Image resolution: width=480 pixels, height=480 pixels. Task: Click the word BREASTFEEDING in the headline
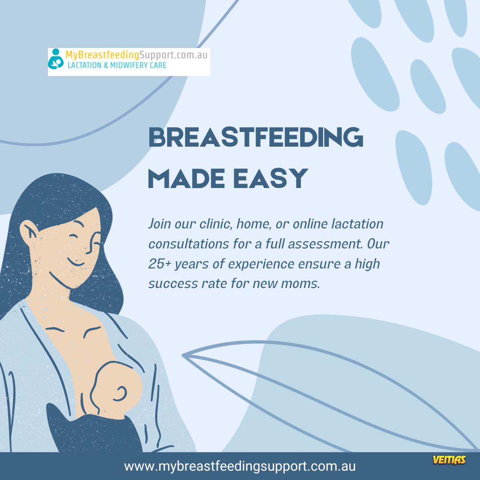[256, 137]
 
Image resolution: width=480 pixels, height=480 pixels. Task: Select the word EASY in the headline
[271, 178]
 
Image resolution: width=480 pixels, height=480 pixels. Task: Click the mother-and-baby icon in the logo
[56, 59]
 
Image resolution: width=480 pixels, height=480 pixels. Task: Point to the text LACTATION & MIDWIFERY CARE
[117, 65]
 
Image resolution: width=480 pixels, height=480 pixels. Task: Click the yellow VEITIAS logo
[449, 460]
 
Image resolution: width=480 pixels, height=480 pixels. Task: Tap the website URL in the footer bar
[240, 466]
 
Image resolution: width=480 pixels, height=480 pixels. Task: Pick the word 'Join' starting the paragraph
[160, 224]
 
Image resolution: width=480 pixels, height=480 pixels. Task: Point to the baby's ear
[120, 394]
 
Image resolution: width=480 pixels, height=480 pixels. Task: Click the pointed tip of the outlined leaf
[183, 356]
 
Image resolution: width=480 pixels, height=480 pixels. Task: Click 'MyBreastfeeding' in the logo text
[103, 56]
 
